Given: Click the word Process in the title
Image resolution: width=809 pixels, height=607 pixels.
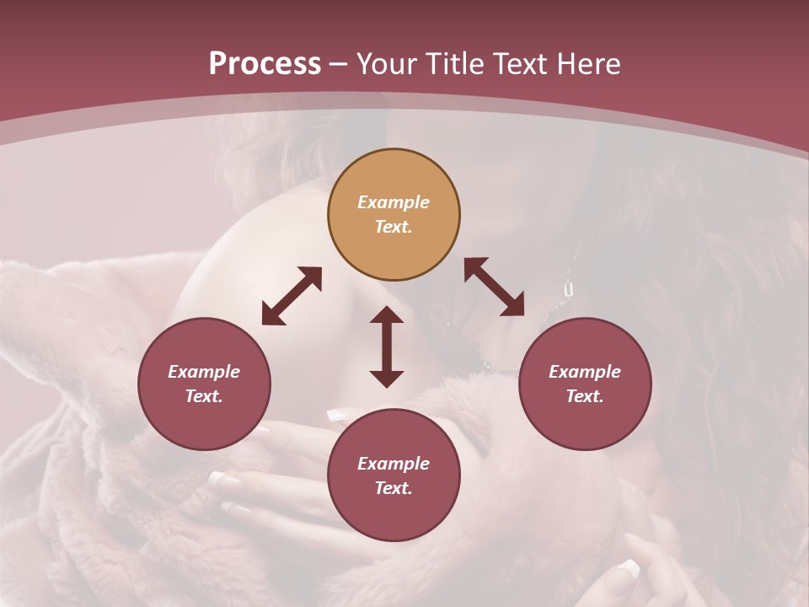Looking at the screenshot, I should coord(265,64).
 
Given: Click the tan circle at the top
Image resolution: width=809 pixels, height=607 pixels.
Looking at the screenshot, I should coord(394,215).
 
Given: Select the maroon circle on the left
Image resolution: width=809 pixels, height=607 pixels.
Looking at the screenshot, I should coord(204,384).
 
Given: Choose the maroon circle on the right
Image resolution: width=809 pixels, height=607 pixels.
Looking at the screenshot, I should coord(585,384).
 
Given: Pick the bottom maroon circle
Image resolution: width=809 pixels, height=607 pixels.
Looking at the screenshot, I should coord(394,475).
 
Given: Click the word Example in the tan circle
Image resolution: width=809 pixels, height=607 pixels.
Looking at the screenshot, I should coord(394,202).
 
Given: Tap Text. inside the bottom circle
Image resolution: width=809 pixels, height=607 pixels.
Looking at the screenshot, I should coord(394,488).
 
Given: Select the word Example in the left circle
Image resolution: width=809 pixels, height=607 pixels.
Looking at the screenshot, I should coord(204,372).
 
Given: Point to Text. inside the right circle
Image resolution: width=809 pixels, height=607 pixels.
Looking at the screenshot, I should coord(585,396).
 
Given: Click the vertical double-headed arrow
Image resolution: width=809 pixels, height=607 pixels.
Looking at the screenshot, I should coord(387,347).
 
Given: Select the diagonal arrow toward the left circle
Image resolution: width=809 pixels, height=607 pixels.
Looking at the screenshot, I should coord(292,296).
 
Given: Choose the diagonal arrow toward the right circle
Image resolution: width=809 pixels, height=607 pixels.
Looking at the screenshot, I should coord(494,287).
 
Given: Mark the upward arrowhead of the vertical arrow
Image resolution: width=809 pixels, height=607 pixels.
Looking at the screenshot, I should coord(387,315).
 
